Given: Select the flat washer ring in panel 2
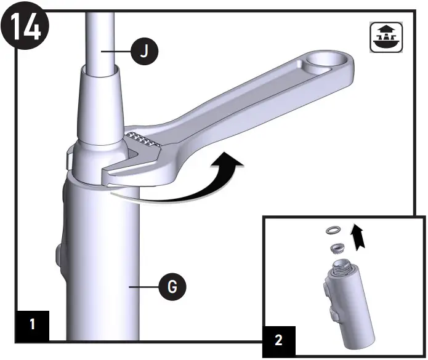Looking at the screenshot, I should point(333,230).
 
